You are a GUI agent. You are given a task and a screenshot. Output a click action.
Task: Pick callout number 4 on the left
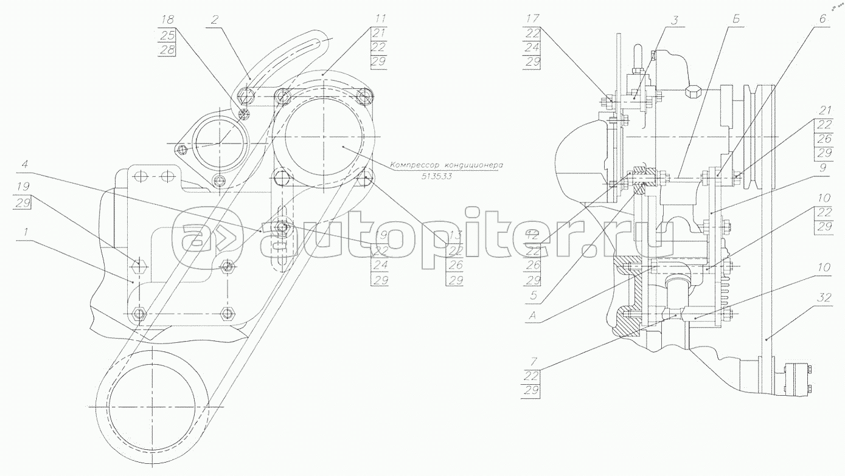(24, 164)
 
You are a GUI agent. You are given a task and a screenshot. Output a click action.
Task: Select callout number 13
(454, 233)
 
